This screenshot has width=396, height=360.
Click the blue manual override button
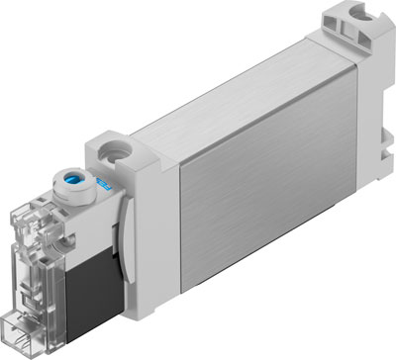(x=73, y=184)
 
